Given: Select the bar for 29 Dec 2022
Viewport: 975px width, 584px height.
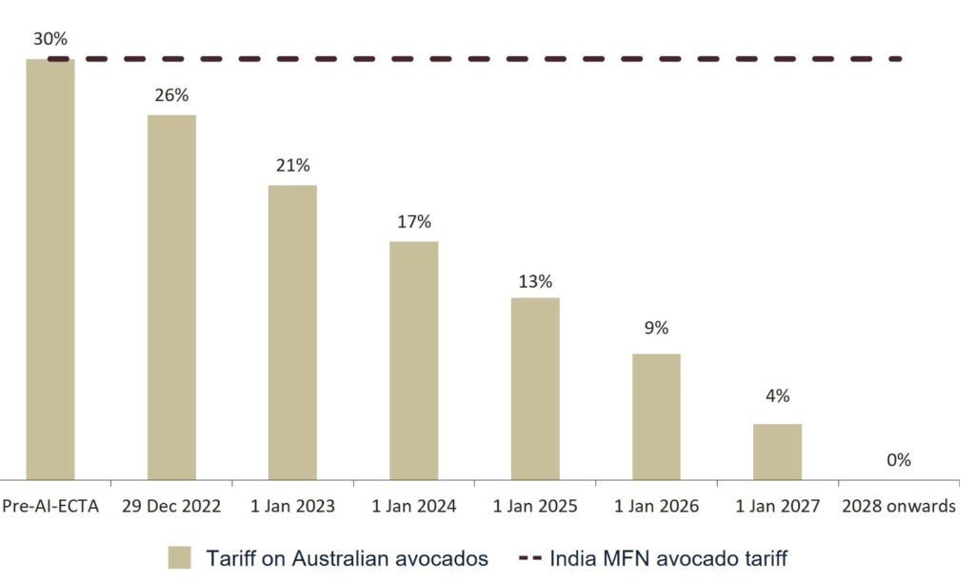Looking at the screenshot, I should coord(171,296).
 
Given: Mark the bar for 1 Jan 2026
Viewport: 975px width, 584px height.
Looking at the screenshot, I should coord(656,416).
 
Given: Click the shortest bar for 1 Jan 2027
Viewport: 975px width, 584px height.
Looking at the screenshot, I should coord(777,452).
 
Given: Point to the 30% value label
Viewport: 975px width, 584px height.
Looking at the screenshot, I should coord(50,39).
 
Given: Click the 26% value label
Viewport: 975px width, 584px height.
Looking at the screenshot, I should coord(171,95).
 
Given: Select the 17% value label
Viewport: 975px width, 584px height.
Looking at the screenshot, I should coord(413,222).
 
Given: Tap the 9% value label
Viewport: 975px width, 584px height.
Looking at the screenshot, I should coord(656,328).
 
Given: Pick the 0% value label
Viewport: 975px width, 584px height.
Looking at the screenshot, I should coord(898,460).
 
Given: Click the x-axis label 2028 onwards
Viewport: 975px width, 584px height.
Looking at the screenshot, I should coord(898,507).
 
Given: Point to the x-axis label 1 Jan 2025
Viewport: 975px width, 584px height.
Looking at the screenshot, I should coord(535,507).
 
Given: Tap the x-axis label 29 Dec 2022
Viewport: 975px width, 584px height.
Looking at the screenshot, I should coord(171,507).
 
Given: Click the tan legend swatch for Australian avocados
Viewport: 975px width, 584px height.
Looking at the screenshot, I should coord(181,558).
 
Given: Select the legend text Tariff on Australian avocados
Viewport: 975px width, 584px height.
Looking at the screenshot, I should coord(348,558).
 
